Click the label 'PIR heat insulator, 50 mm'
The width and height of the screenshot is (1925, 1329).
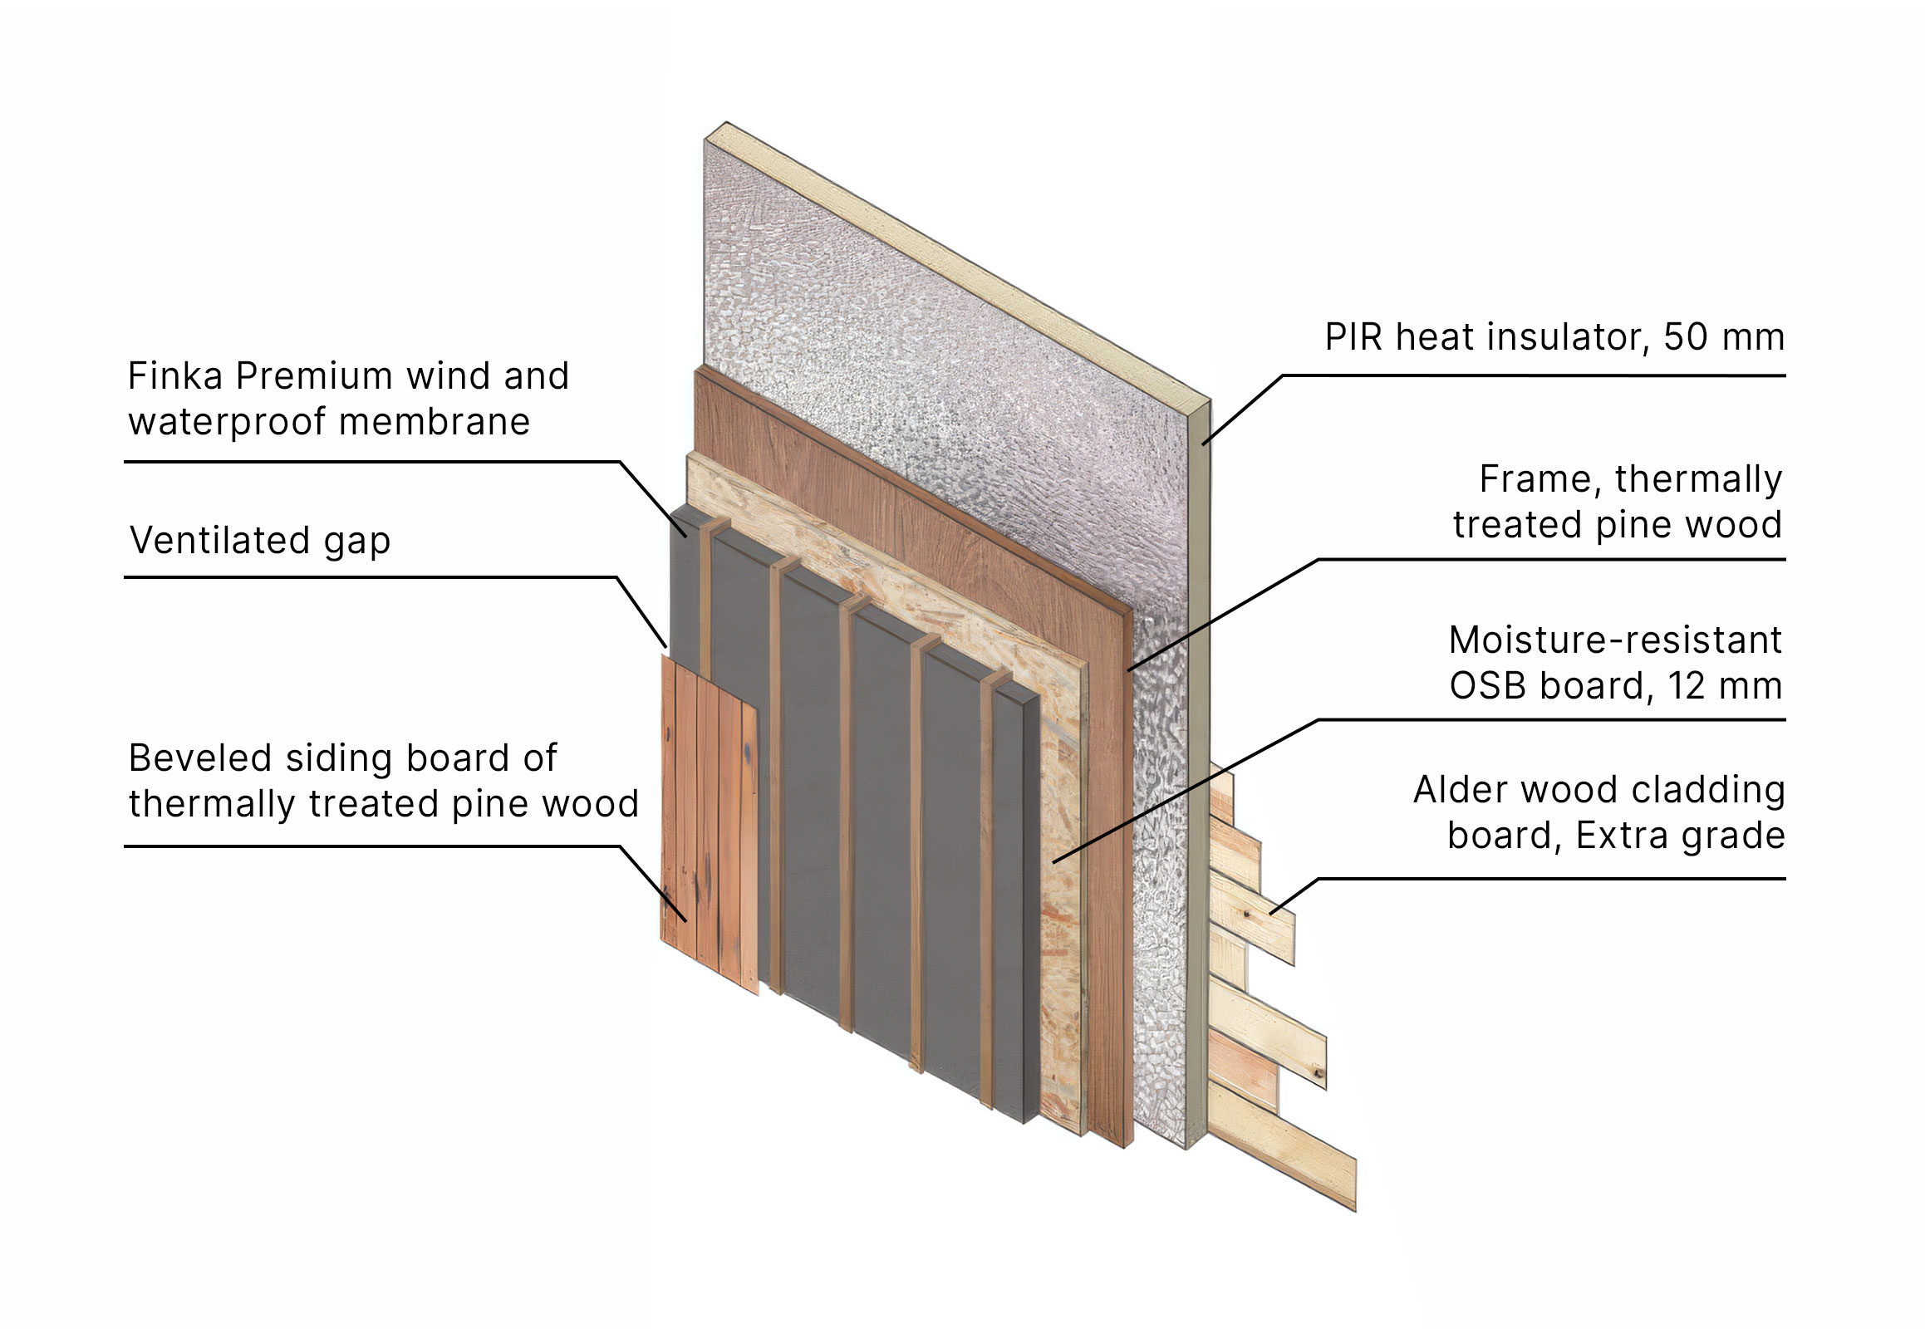[1554, 338]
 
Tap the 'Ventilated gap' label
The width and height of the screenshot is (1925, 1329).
[260, 542]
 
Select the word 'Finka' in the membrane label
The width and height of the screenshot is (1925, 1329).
[176, 375]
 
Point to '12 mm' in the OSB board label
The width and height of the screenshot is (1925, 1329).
[1725, 686]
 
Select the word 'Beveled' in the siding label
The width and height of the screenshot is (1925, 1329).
[201, 758]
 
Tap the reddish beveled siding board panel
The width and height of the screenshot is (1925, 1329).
[709, 824]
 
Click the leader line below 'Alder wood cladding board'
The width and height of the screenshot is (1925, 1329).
[1528, 880]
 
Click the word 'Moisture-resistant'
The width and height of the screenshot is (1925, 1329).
[1615, 640]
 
